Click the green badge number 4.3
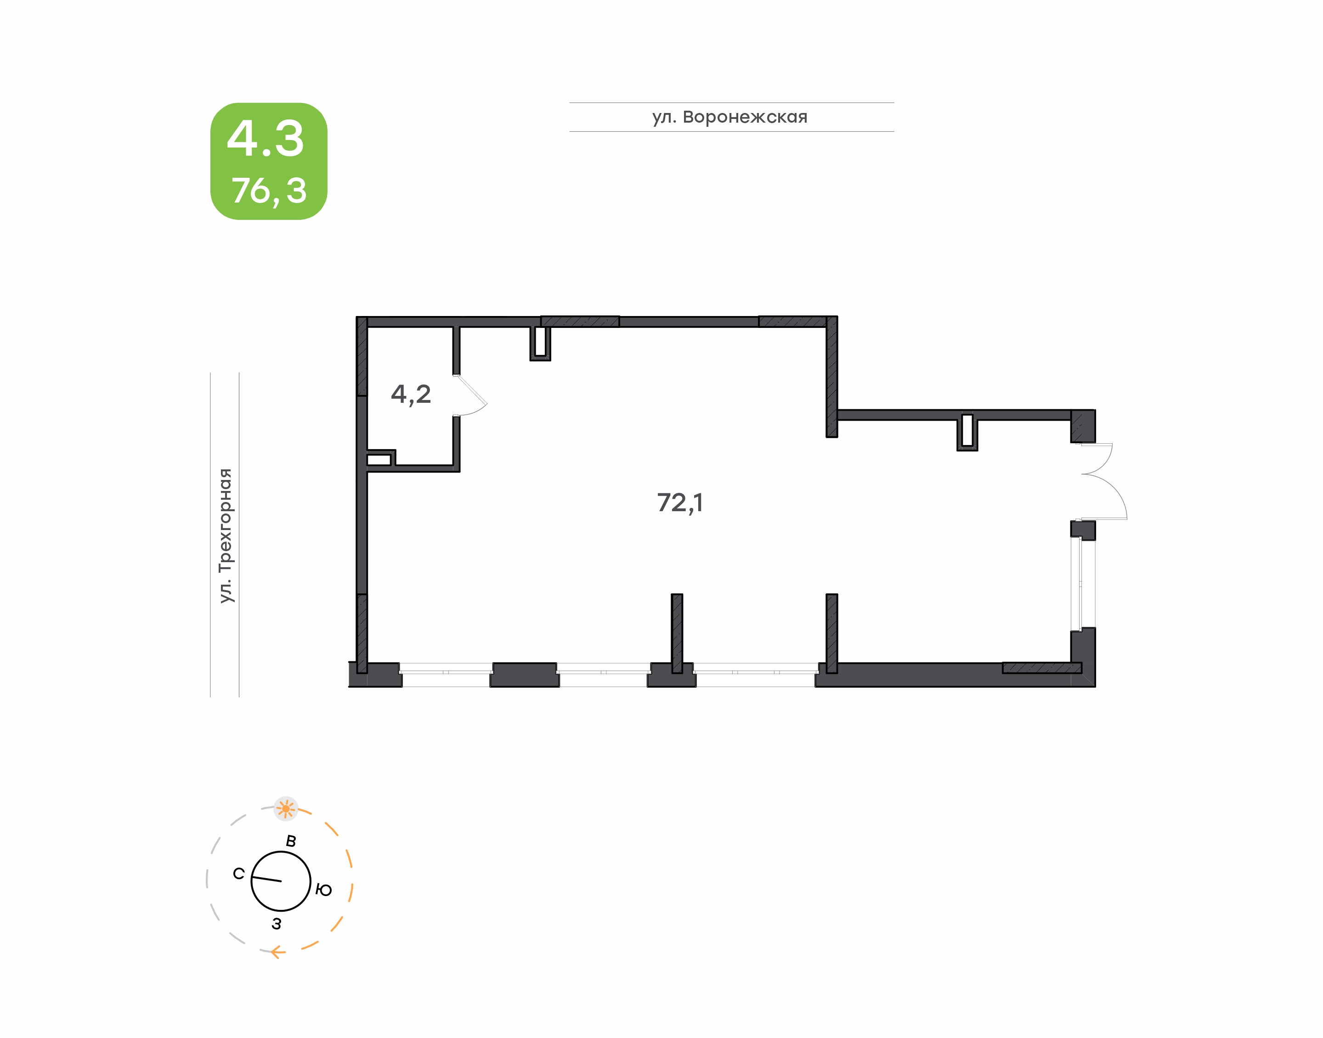click(265, 139)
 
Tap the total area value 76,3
click(269, 191)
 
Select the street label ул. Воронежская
click(730, 117)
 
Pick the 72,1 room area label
click(680, 502)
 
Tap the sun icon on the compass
click(286, 809)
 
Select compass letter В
click(291, 841)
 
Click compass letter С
click(239, 873)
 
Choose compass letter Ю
click(324, 890)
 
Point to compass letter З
click(277, 924)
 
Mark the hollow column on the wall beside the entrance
click(967, 431)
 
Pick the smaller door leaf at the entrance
click(1096, 458)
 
